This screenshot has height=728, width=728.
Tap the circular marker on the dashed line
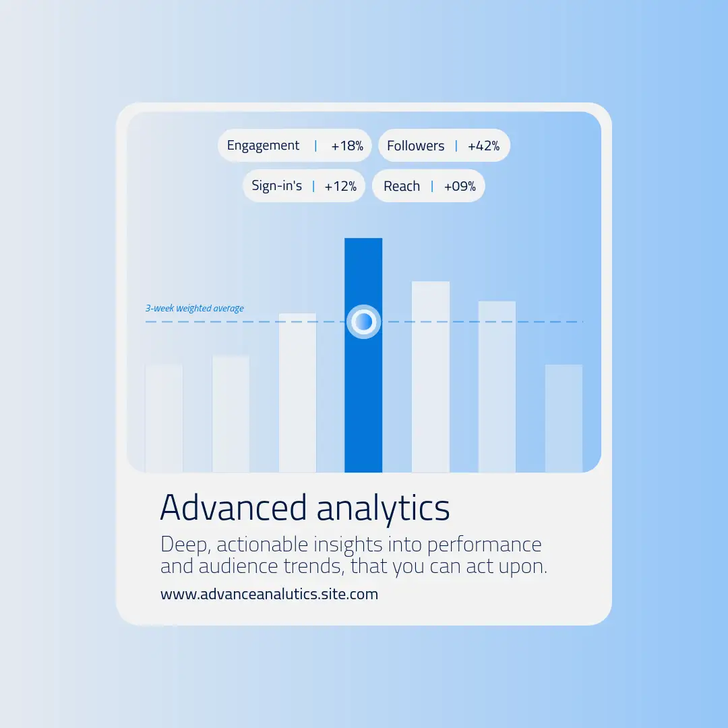(x=363, y=322)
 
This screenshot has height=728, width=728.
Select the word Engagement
(x=263, y=146)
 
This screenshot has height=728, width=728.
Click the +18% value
(x=347, y=146)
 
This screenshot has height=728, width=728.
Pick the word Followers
(x=415, y=146)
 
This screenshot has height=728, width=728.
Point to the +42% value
(x=484, y=146)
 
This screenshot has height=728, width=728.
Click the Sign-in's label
(x=277, y=186)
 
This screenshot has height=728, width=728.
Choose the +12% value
(x=340, y=186)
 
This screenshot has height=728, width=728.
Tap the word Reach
(x=402, y=186)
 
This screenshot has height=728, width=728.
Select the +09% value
(x=460, y=186)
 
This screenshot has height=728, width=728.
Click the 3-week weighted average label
(x=195, y=308)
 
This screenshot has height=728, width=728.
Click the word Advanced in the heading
(x=233, y=508)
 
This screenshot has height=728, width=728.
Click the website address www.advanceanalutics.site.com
(x=269, y=595)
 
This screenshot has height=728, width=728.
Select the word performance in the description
(x=484, y=545)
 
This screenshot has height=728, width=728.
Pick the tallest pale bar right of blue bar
(x=430, y=377)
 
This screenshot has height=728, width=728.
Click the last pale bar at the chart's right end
(x=564, y=419)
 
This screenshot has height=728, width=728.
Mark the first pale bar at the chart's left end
(x=164, y=419)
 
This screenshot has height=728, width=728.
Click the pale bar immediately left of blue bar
(x=298, y=393)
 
